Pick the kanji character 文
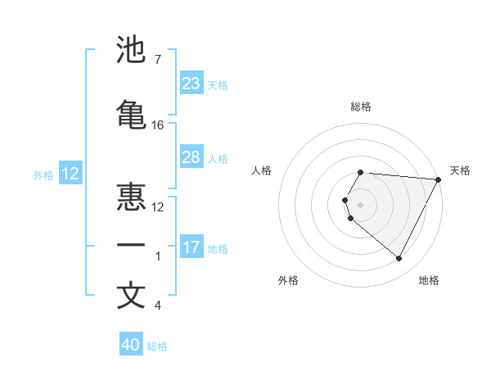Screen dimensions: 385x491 131,296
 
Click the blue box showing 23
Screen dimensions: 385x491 191,84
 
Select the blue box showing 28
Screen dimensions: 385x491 191,157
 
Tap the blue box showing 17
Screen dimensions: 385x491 191,247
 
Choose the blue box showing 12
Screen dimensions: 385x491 70,174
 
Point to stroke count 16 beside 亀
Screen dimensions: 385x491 158,125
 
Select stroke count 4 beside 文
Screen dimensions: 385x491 157,306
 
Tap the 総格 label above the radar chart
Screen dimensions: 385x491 361,106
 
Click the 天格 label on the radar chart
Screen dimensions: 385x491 460,170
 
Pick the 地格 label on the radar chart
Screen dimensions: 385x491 429,280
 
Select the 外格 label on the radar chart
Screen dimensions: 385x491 288,280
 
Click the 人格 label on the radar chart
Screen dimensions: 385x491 262,170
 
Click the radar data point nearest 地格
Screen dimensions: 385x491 399,259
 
